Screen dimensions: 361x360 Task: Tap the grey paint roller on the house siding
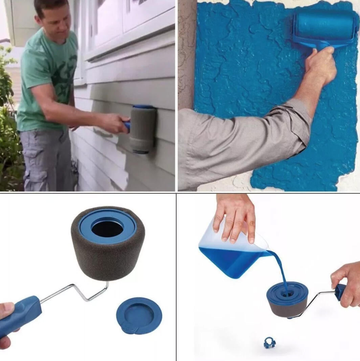point(143,129)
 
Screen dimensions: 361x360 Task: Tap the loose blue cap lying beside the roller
point(139,315)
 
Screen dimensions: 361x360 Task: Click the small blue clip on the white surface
point(269,343)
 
